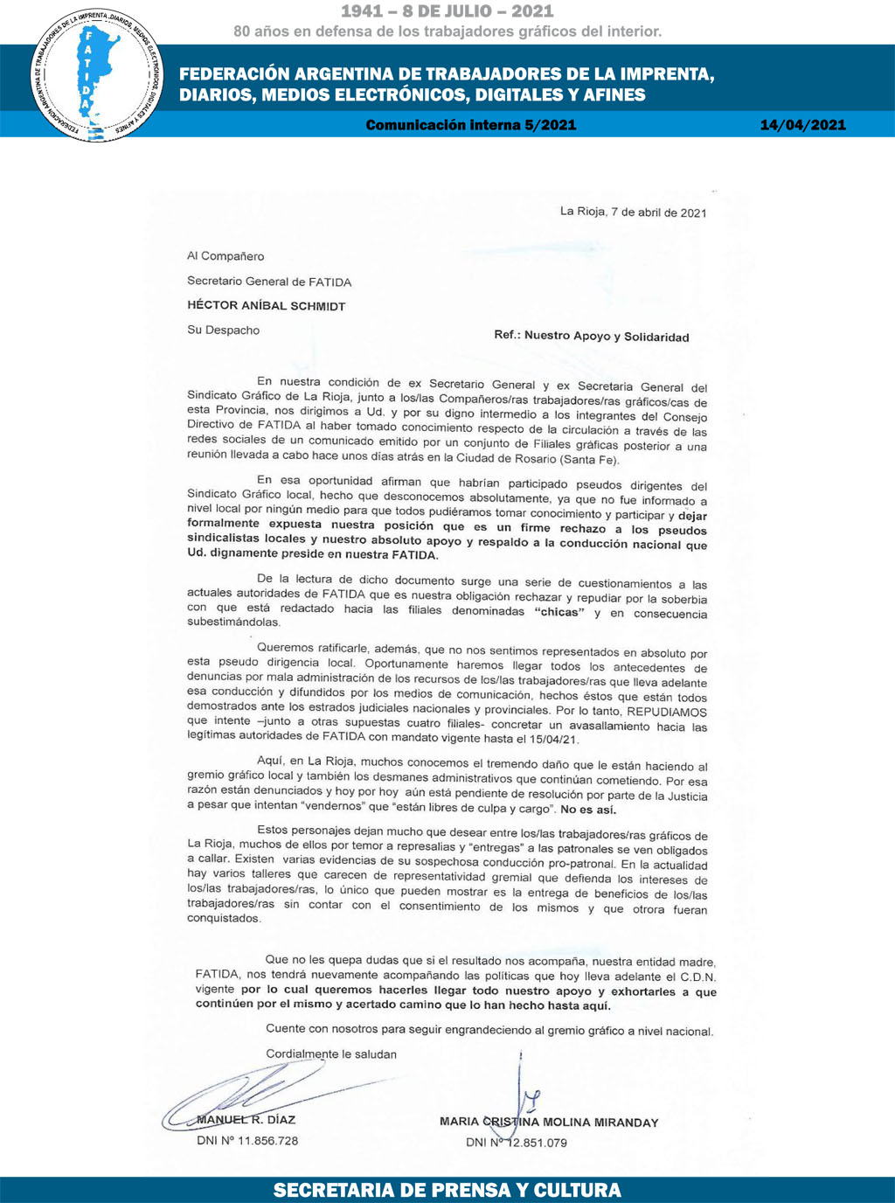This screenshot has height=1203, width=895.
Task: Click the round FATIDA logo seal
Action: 96,74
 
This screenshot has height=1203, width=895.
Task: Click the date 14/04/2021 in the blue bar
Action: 802,125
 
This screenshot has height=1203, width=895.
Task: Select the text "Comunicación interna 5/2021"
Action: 471,125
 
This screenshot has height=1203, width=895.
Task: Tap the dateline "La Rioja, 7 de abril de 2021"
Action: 633,212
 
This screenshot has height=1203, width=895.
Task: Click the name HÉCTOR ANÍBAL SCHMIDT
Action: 267,306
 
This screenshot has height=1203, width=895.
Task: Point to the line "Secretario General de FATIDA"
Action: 269,282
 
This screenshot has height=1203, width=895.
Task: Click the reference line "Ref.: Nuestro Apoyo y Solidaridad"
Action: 591,337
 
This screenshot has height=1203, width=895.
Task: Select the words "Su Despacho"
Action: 223,330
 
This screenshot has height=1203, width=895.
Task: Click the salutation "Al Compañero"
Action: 225,256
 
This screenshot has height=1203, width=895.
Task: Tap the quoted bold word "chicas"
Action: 559,612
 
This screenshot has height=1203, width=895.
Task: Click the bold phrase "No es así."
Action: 588,810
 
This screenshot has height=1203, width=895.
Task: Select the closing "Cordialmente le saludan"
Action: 331,1054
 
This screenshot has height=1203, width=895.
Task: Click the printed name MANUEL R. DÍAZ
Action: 246,1120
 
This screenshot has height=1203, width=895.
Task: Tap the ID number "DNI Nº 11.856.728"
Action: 247,1141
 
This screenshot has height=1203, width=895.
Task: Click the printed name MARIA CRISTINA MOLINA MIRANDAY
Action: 549,1122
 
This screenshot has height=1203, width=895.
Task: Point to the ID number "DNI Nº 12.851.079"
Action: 517,1143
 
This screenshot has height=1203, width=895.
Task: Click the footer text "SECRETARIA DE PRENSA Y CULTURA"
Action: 447,1190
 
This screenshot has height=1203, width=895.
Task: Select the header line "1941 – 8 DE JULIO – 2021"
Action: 447,11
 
